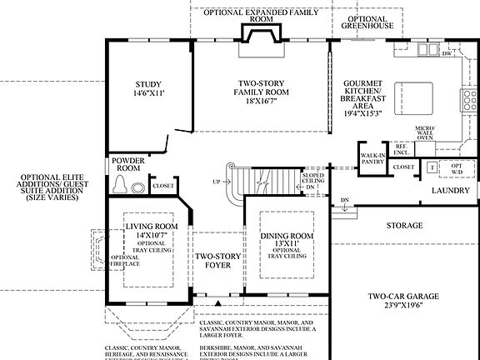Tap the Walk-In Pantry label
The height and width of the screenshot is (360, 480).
pyautogui.click(x=372, y=158)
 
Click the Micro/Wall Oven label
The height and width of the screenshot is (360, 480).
pyautogui.click(x=425, y=133)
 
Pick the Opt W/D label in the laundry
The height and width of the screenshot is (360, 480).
pyautogui.click(x=455, y=167)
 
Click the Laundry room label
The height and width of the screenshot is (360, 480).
pyautogui.click(x=451, y=191)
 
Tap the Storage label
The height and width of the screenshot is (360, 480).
pyautogui.click(x=404, y=226)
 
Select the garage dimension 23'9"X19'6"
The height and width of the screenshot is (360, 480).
pyautogui.click(x=404, y=306)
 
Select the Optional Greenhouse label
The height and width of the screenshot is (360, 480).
pyautogui.click(x=367, y=22)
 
